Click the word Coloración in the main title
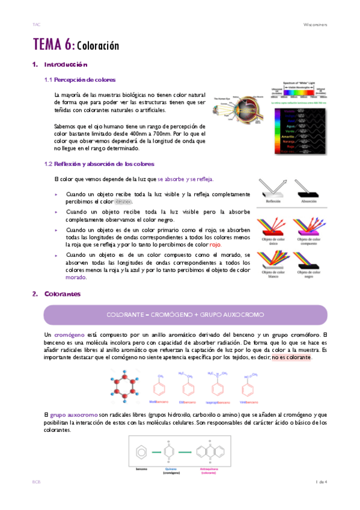tap(98, 46)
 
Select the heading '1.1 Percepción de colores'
tap(80, 79)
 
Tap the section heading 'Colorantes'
tap(63, 293)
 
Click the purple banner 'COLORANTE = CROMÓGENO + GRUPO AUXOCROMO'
tap(185, 315)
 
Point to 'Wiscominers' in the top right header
tap(317, 25)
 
